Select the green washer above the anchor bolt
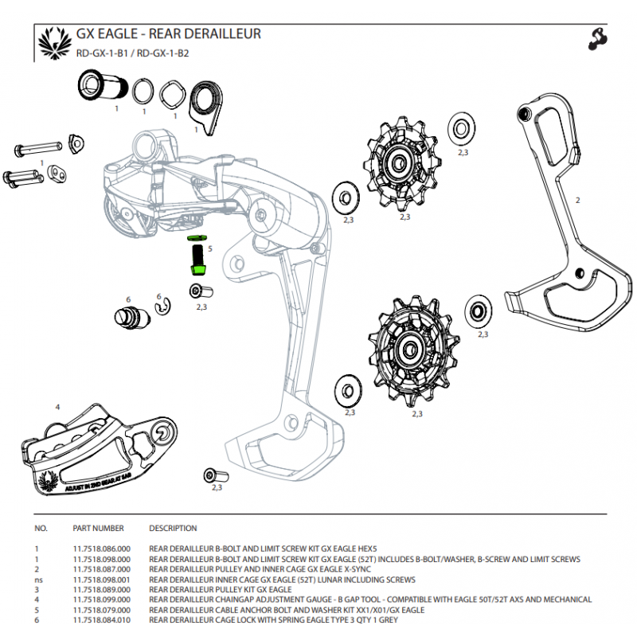(196, 237)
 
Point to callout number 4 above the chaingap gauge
(57, 407)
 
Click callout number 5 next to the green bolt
(209, 248)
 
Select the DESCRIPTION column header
(173, 528)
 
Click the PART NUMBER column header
(98, 528)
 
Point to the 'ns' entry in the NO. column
(37, 580)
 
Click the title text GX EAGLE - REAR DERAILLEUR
(168, 34)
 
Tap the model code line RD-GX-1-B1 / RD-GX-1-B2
(132, 54)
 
